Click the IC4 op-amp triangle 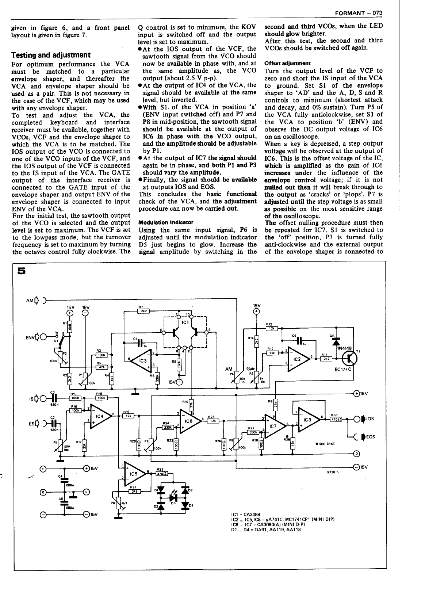pyautogui.click(x=100, y=417)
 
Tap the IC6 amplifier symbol pyautogui.click(x=189, y=421)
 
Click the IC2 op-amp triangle pyautogui.click(x=298, y=359)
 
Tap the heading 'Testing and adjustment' pyautogui.click(x=51, y=55)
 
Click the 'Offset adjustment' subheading pyautogui.click(x=287, y=63)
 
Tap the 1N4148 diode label pyautogui.click(x=344, y=348)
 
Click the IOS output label pyautogui.click(x=370, y=419)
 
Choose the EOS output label pyautogui.click(x=370, y=437)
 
